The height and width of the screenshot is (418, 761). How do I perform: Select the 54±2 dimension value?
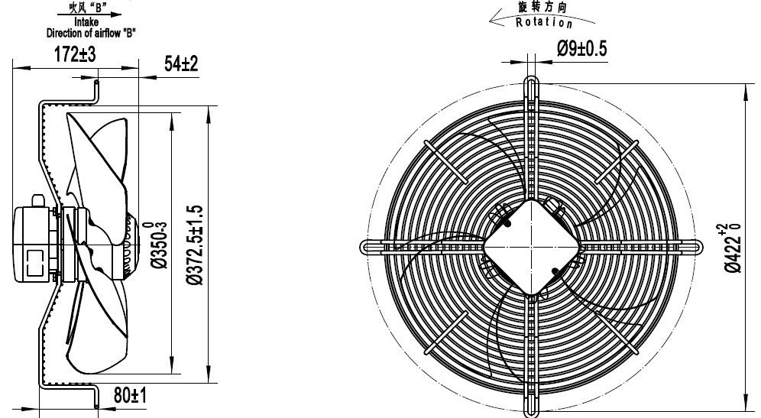click(x=181, y=64)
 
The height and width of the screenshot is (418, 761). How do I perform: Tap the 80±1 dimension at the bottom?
click(x=130, y=397)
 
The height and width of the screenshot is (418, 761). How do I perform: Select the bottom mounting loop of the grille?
click(x=532, y=407)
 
